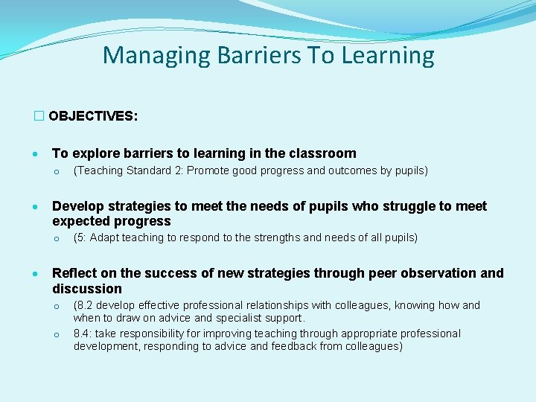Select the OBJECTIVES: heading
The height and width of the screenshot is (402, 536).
pos(92,117)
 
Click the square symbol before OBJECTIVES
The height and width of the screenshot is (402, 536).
pos(39,117)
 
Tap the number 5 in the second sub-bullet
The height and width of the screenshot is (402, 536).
pos(80,238)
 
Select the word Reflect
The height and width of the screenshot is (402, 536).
pos(74,273)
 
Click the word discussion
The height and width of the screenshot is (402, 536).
pos(86,289)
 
